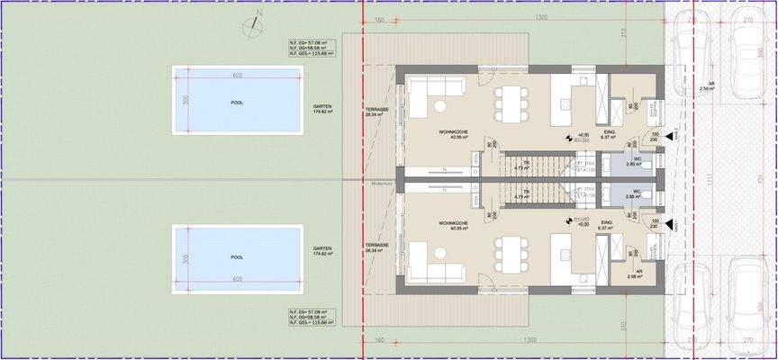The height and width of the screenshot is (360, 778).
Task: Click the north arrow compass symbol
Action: (258, 23)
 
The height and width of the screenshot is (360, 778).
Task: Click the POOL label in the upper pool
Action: (237, 103)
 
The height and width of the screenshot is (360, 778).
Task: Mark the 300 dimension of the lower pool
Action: (185, 258)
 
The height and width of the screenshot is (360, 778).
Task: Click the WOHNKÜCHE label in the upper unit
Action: (453, 132)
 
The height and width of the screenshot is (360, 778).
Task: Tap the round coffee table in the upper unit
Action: (440, 107)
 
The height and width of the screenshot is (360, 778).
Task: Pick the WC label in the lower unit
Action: (635, 193)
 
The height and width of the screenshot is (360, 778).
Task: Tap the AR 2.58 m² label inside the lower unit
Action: (638, 276)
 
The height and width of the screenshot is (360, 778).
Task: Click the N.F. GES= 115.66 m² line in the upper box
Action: (311, 55)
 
